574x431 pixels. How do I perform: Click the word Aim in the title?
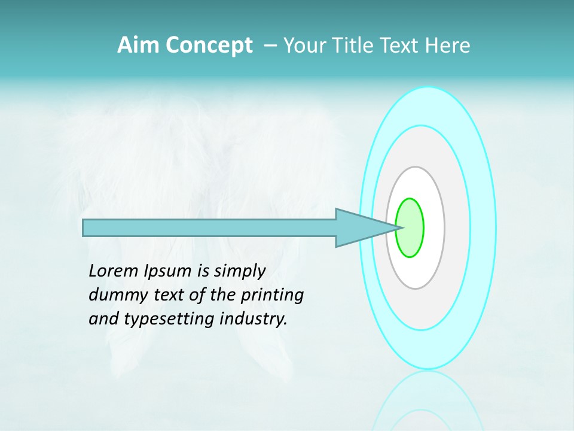[139, 45]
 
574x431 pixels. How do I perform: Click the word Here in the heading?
[447, 45]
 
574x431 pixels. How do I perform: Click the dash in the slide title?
[270, 46]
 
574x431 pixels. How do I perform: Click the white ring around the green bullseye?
[433, 227]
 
